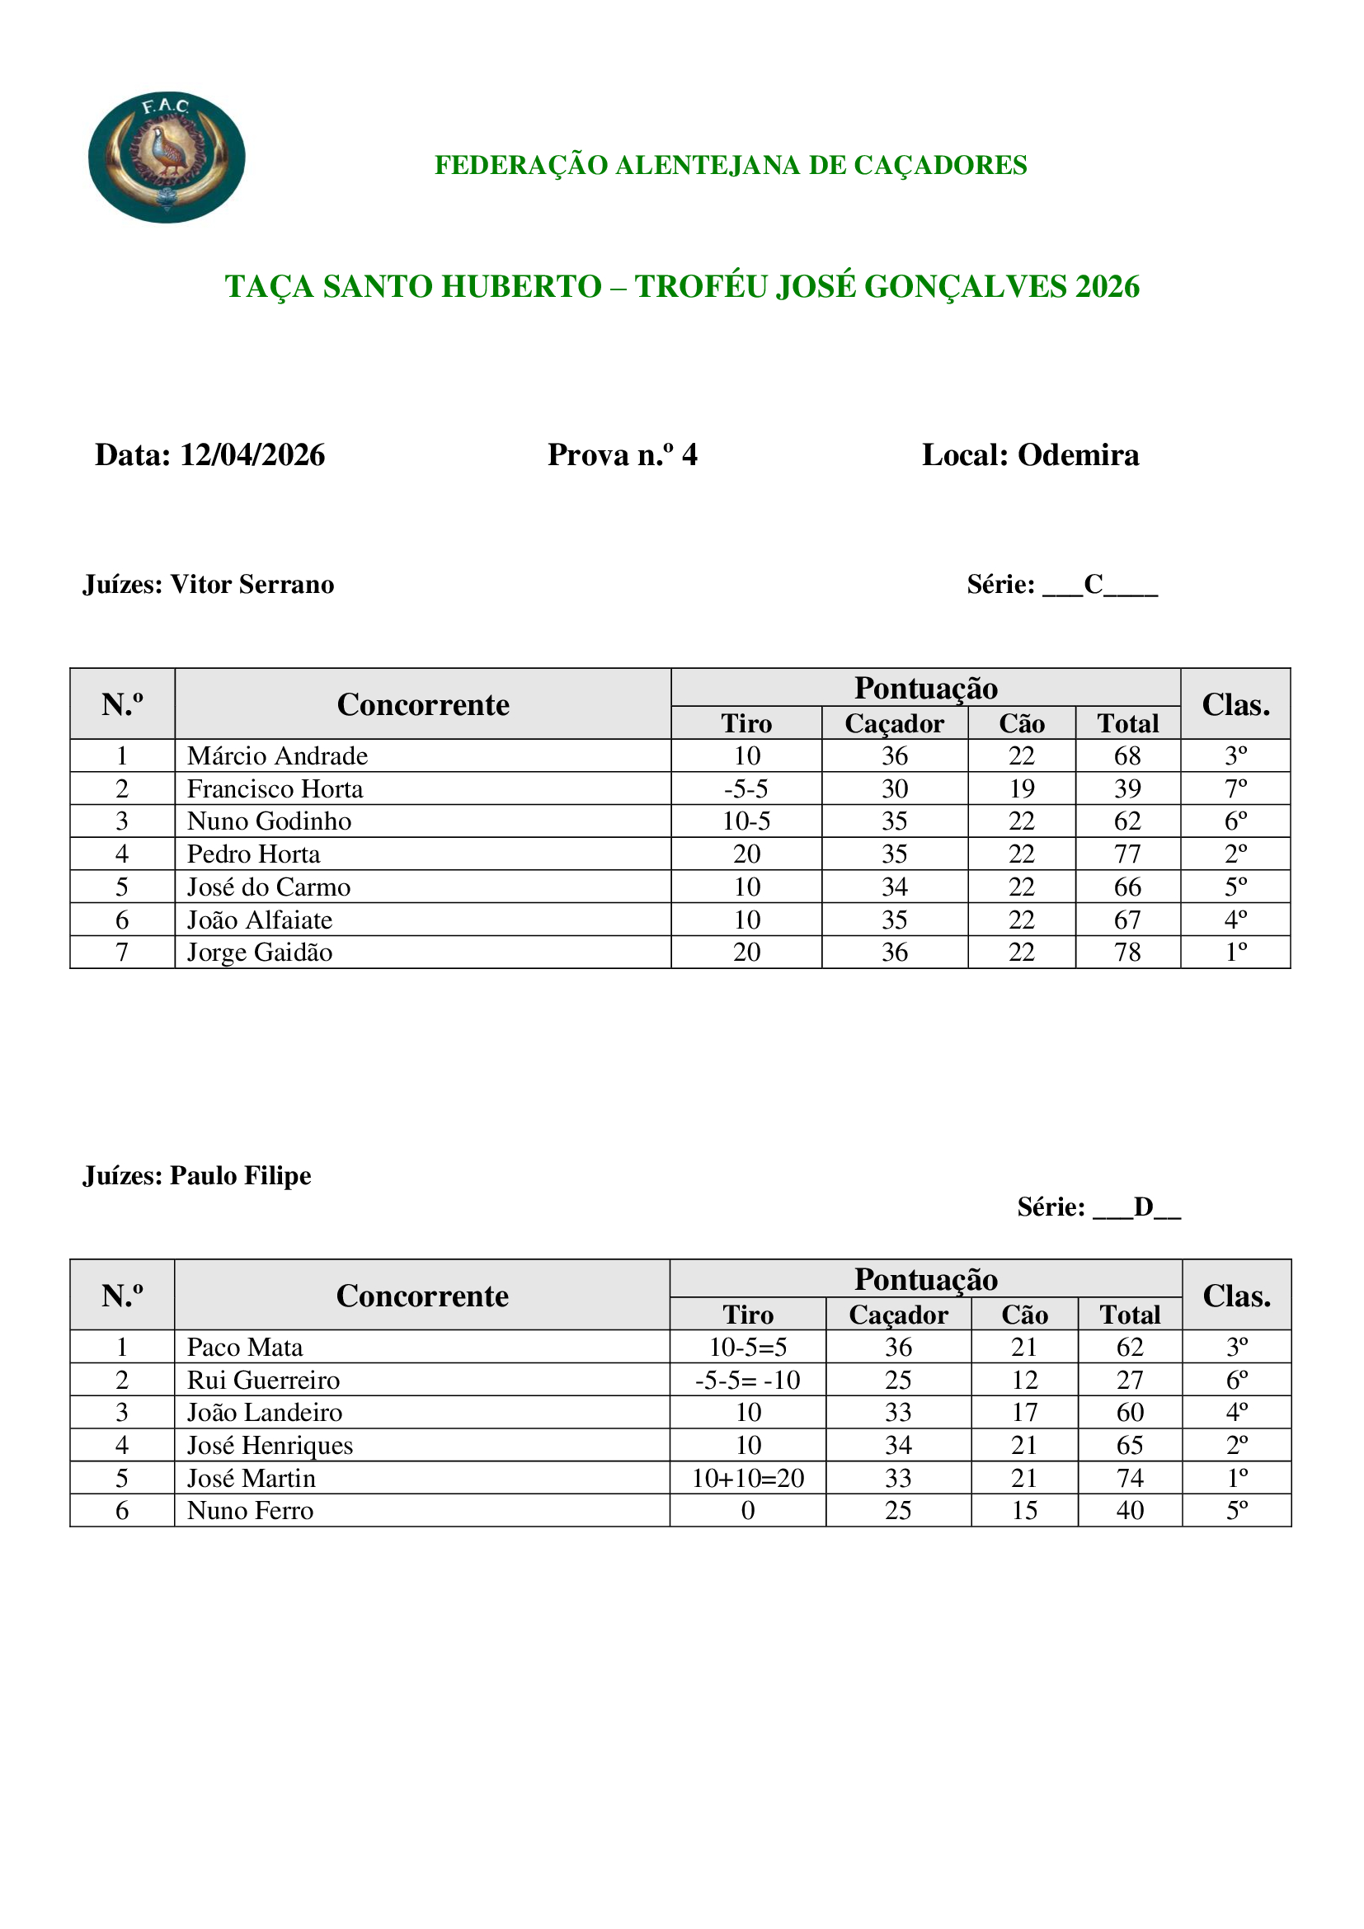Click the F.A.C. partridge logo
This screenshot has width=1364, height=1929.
[x=167, y=158]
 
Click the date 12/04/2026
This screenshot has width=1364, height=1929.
[x=252, y=454]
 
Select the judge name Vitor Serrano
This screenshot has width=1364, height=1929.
[x=252, y=584]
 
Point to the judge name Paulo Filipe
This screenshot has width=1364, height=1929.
[x=240, y=1174]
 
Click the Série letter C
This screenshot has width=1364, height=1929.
[x=1094, y=584]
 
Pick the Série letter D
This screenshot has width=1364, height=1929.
[x=1143, y=1207]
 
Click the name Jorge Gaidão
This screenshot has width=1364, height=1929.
[x=260, y=952]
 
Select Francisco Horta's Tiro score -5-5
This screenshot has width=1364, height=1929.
[x=745, y=789]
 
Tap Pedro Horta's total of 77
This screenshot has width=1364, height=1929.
[x=1127, y=854]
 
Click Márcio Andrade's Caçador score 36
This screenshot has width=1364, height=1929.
[x=895, y=756]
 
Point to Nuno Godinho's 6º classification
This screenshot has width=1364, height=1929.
[x=1235, y=821]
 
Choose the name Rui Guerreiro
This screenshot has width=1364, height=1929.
[x=263, y=1380]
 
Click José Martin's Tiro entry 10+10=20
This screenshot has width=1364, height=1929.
[x=747, y=1478]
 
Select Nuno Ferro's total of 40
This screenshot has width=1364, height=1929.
[x=1130, y=1511]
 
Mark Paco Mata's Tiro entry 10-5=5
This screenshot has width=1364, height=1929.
[x=747, y=1347]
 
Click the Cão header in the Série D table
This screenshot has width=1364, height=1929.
[x=1024, y=1314]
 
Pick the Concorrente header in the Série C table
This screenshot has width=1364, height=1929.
[x=422, y=705]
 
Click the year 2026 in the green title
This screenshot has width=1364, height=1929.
[x=1107, y=286]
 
